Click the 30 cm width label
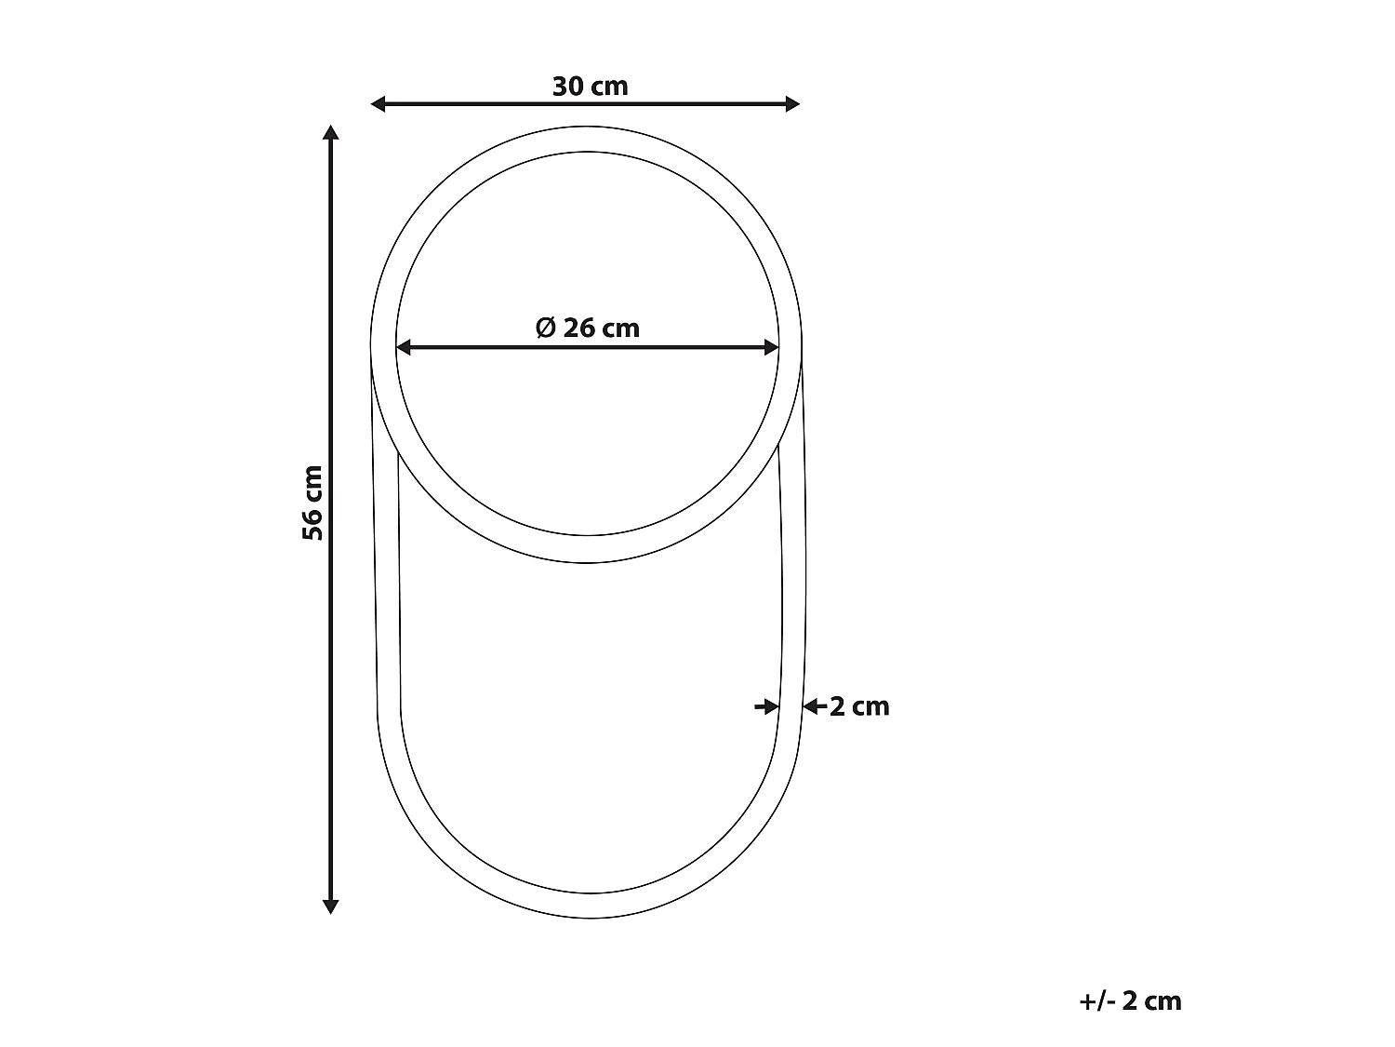point(590,87)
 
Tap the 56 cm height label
point(312,503)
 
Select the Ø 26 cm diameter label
point(587,328)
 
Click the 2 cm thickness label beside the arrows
point(859,707)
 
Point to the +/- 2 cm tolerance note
point(1131,1001)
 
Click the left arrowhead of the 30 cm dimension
point(379,103)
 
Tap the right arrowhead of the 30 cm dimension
point(792,103)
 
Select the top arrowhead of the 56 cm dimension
point(330,132)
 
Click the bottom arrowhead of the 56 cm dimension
point(330,907)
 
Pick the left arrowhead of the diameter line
point(404,347)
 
